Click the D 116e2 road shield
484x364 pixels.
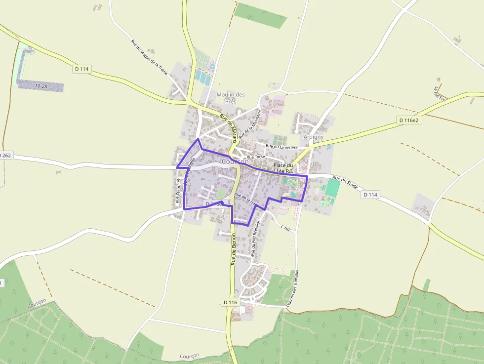point(409,120)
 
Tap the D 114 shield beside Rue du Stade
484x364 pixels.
point(371,195)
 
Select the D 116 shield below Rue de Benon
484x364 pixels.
point(230,302)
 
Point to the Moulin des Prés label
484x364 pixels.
point(231,98)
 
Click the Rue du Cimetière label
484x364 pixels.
point(282,147)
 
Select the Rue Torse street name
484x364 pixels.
point(256,157)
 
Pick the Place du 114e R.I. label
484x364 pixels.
point(283,168)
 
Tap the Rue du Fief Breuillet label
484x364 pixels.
point(255,242)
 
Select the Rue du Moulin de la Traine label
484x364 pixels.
point(149,57)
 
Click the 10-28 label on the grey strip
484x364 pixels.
point(41,86)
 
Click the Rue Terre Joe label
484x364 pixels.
point(178,191)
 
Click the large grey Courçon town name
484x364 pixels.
point(235,162)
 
